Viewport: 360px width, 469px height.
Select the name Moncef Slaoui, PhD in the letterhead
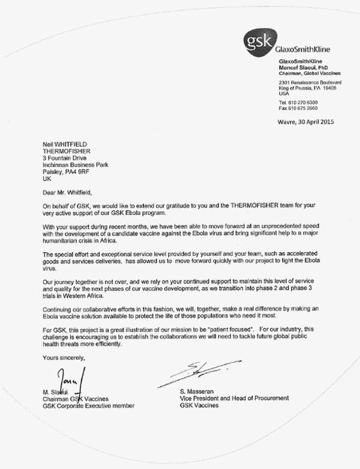305,67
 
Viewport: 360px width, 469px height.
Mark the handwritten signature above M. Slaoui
68,381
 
